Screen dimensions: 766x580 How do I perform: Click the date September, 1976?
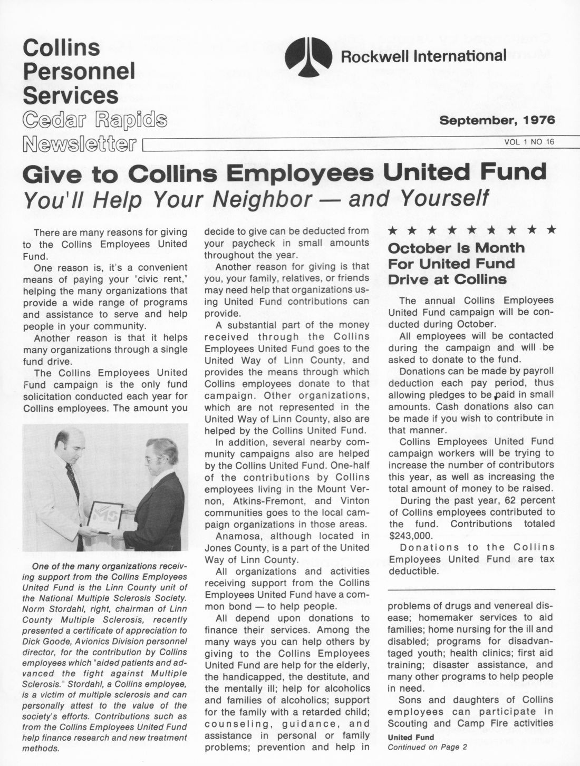(497, 120)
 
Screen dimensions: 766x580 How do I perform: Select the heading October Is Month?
(456, 248)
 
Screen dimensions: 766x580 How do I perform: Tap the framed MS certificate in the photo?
(104, 517)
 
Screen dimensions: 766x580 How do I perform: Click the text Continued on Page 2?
(427, 747)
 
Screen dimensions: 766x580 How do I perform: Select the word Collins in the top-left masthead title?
(61, 47)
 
